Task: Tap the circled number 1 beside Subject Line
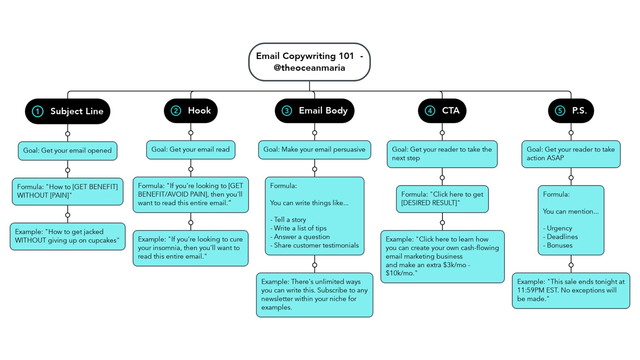click(38, 112)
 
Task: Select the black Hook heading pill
click(191, 111)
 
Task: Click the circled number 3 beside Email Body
click(287, 111)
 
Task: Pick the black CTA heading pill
click(442, 111)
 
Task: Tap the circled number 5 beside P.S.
click(560, 111)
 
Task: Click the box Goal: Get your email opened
click(67, 151)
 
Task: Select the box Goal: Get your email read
click(191, 150)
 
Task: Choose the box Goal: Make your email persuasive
click(314, 150)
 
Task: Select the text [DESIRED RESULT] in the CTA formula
click(429, 203)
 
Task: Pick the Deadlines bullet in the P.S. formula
click(562, 237)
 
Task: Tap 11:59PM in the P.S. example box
click(532, 290)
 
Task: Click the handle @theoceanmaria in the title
click(309, 68)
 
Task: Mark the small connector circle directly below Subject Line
click(67, 134)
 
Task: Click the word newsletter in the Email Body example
click(277, 299)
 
